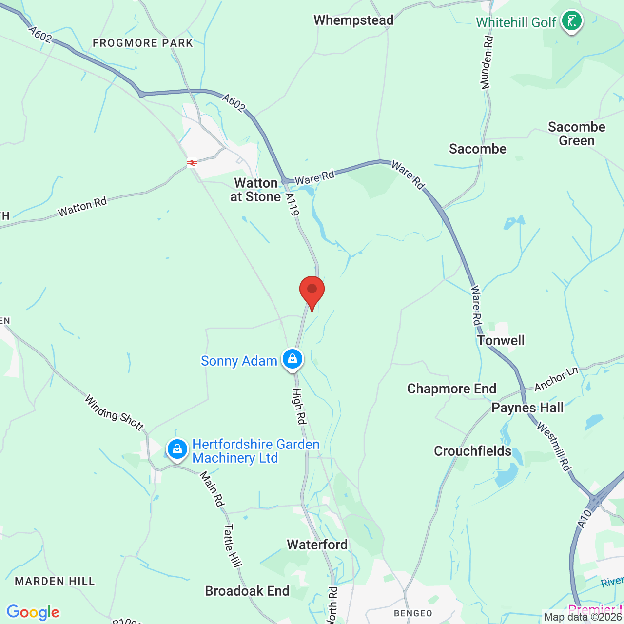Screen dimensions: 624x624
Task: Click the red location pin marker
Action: click(312, 291)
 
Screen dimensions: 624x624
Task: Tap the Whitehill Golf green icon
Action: click(571, 21)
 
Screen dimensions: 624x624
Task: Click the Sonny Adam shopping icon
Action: click(292, 359)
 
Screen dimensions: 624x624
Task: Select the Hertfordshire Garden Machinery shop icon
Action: click(177, 449)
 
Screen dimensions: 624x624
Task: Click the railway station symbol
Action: click(192, 163)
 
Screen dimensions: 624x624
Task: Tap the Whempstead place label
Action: click(353, 20)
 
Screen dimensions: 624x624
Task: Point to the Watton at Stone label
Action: click(256, 190)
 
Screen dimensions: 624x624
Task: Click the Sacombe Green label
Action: click(576, 134)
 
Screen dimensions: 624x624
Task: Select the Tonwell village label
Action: click(501, 340)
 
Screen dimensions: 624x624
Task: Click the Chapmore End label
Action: click(451, 389)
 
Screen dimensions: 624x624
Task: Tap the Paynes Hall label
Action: click(527, 408)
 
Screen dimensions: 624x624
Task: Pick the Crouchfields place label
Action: click(472, 451)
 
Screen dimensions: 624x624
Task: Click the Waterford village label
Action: click(317, 545)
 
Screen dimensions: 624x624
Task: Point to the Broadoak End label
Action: click(247, 591)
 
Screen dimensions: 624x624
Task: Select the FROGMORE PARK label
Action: click(143, 43)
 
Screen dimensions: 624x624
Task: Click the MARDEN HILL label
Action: click(55, 581)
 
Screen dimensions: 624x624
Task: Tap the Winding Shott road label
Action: click(115, 413)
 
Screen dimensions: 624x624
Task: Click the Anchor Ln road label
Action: click(556, 379)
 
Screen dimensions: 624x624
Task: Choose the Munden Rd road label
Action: click(487, 62)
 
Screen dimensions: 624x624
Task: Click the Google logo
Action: click(33, 612)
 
